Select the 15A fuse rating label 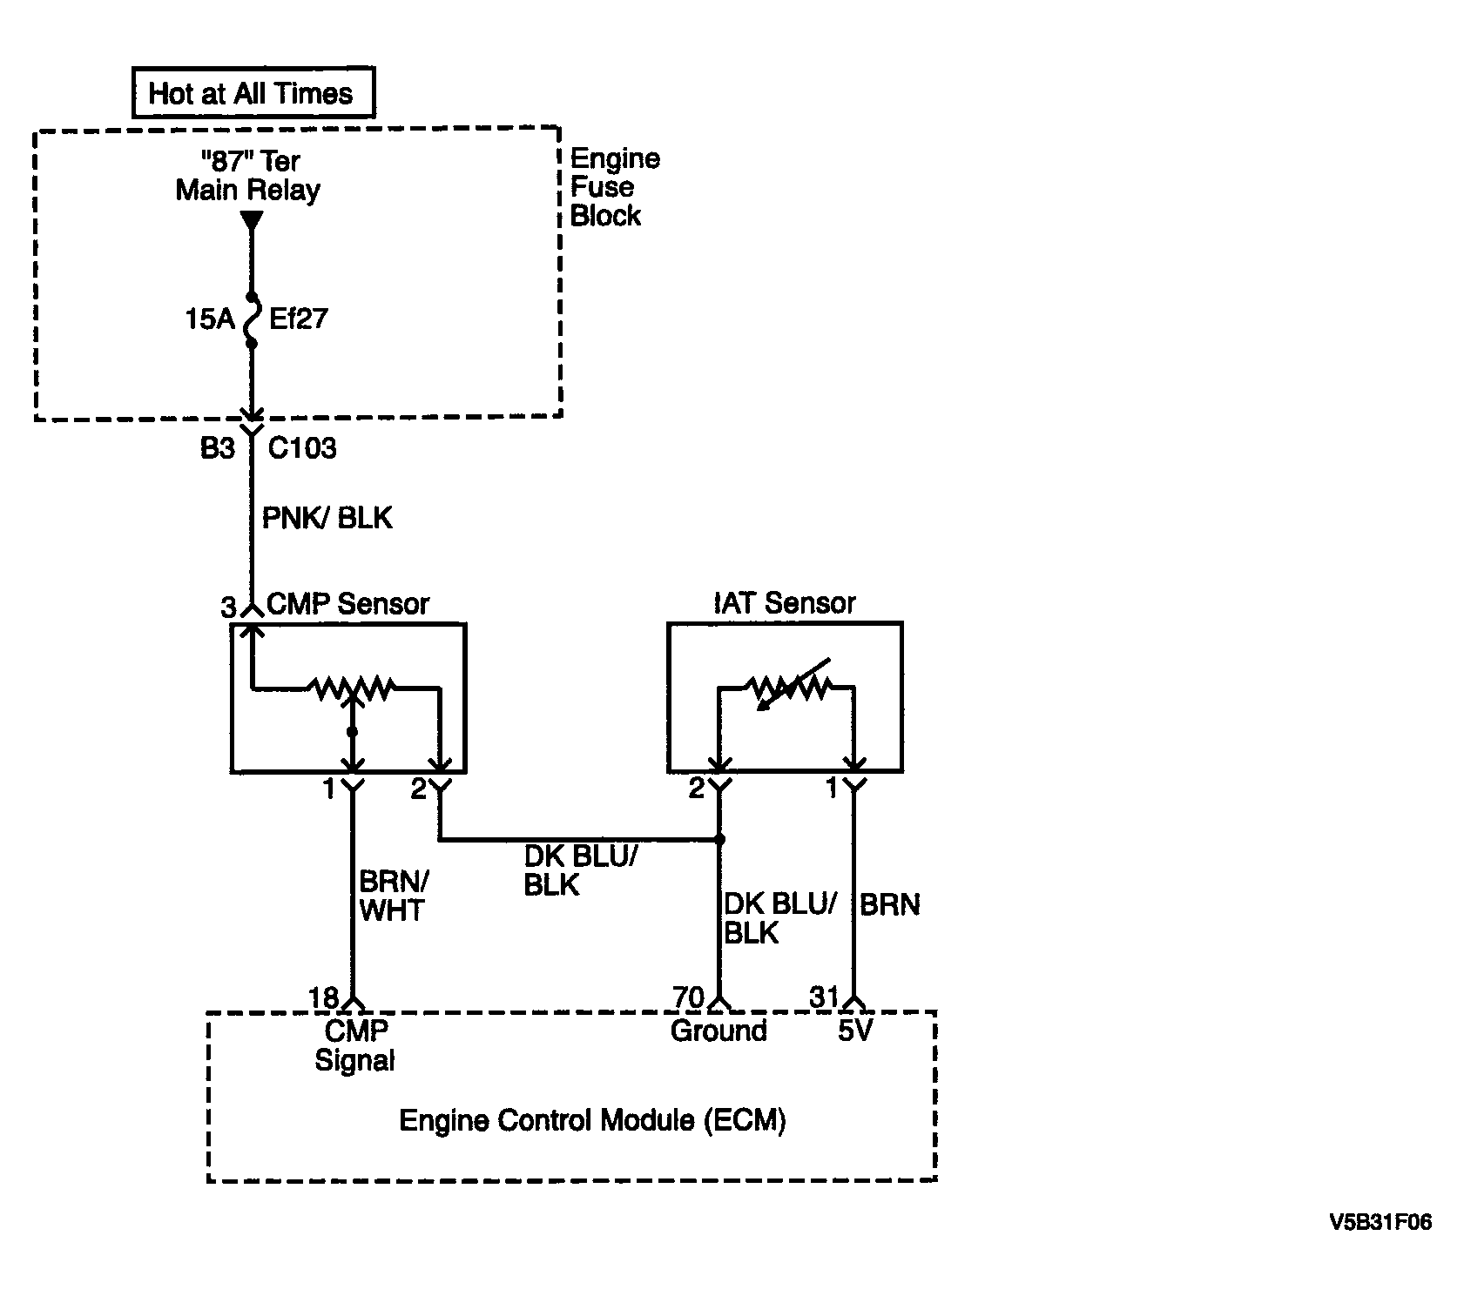point(210,319)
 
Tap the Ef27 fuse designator point(298,319)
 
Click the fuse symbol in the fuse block point(252,320)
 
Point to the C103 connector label point(301,448)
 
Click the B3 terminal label point(218,448)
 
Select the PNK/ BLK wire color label point(327,518)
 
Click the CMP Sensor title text point(347,603)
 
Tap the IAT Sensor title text point(785,602)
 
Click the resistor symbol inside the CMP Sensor point(352,689)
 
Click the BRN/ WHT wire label point(393,896)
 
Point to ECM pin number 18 point(324,997)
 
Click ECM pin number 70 point(688,997)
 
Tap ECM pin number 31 point(825,997)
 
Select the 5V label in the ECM point(854,1031)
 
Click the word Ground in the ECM point(719,1031)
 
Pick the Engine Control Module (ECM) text point(592,1120)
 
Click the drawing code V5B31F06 point(1380,1223)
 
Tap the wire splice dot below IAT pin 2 point(719,840)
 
